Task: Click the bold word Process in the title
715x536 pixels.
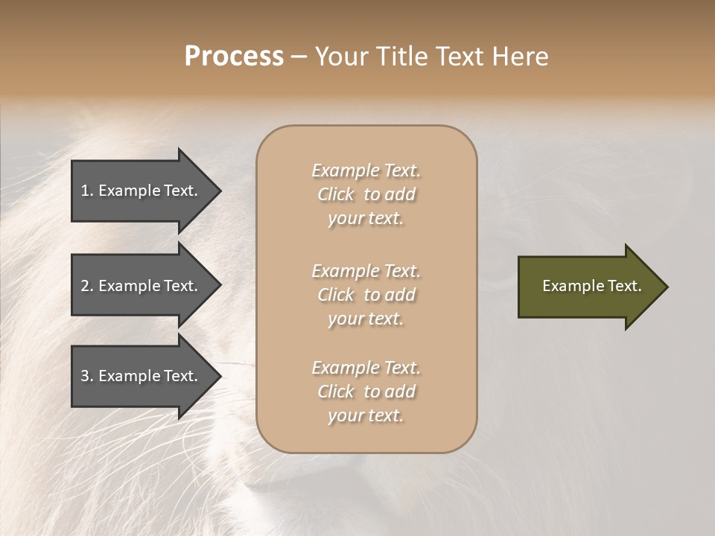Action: (x=234, y=57)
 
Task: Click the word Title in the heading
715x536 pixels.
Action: (x=406, y=57)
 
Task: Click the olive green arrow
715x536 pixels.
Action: (x=588, y=287)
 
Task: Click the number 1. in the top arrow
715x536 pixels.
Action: (x=87, y=191)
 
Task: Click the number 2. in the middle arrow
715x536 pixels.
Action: (x=87, y=286)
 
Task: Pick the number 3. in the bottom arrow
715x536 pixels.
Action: (x=87, y=376)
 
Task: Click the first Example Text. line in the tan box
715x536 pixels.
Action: (x=366, y=170)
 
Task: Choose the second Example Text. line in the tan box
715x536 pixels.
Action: (x=366, y=271)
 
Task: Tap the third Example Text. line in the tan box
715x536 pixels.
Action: (x=366, y=368)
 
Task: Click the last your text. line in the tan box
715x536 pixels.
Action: (x=366, y=415)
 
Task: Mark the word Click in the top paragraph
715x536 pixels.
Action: (x=336, y=194)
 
